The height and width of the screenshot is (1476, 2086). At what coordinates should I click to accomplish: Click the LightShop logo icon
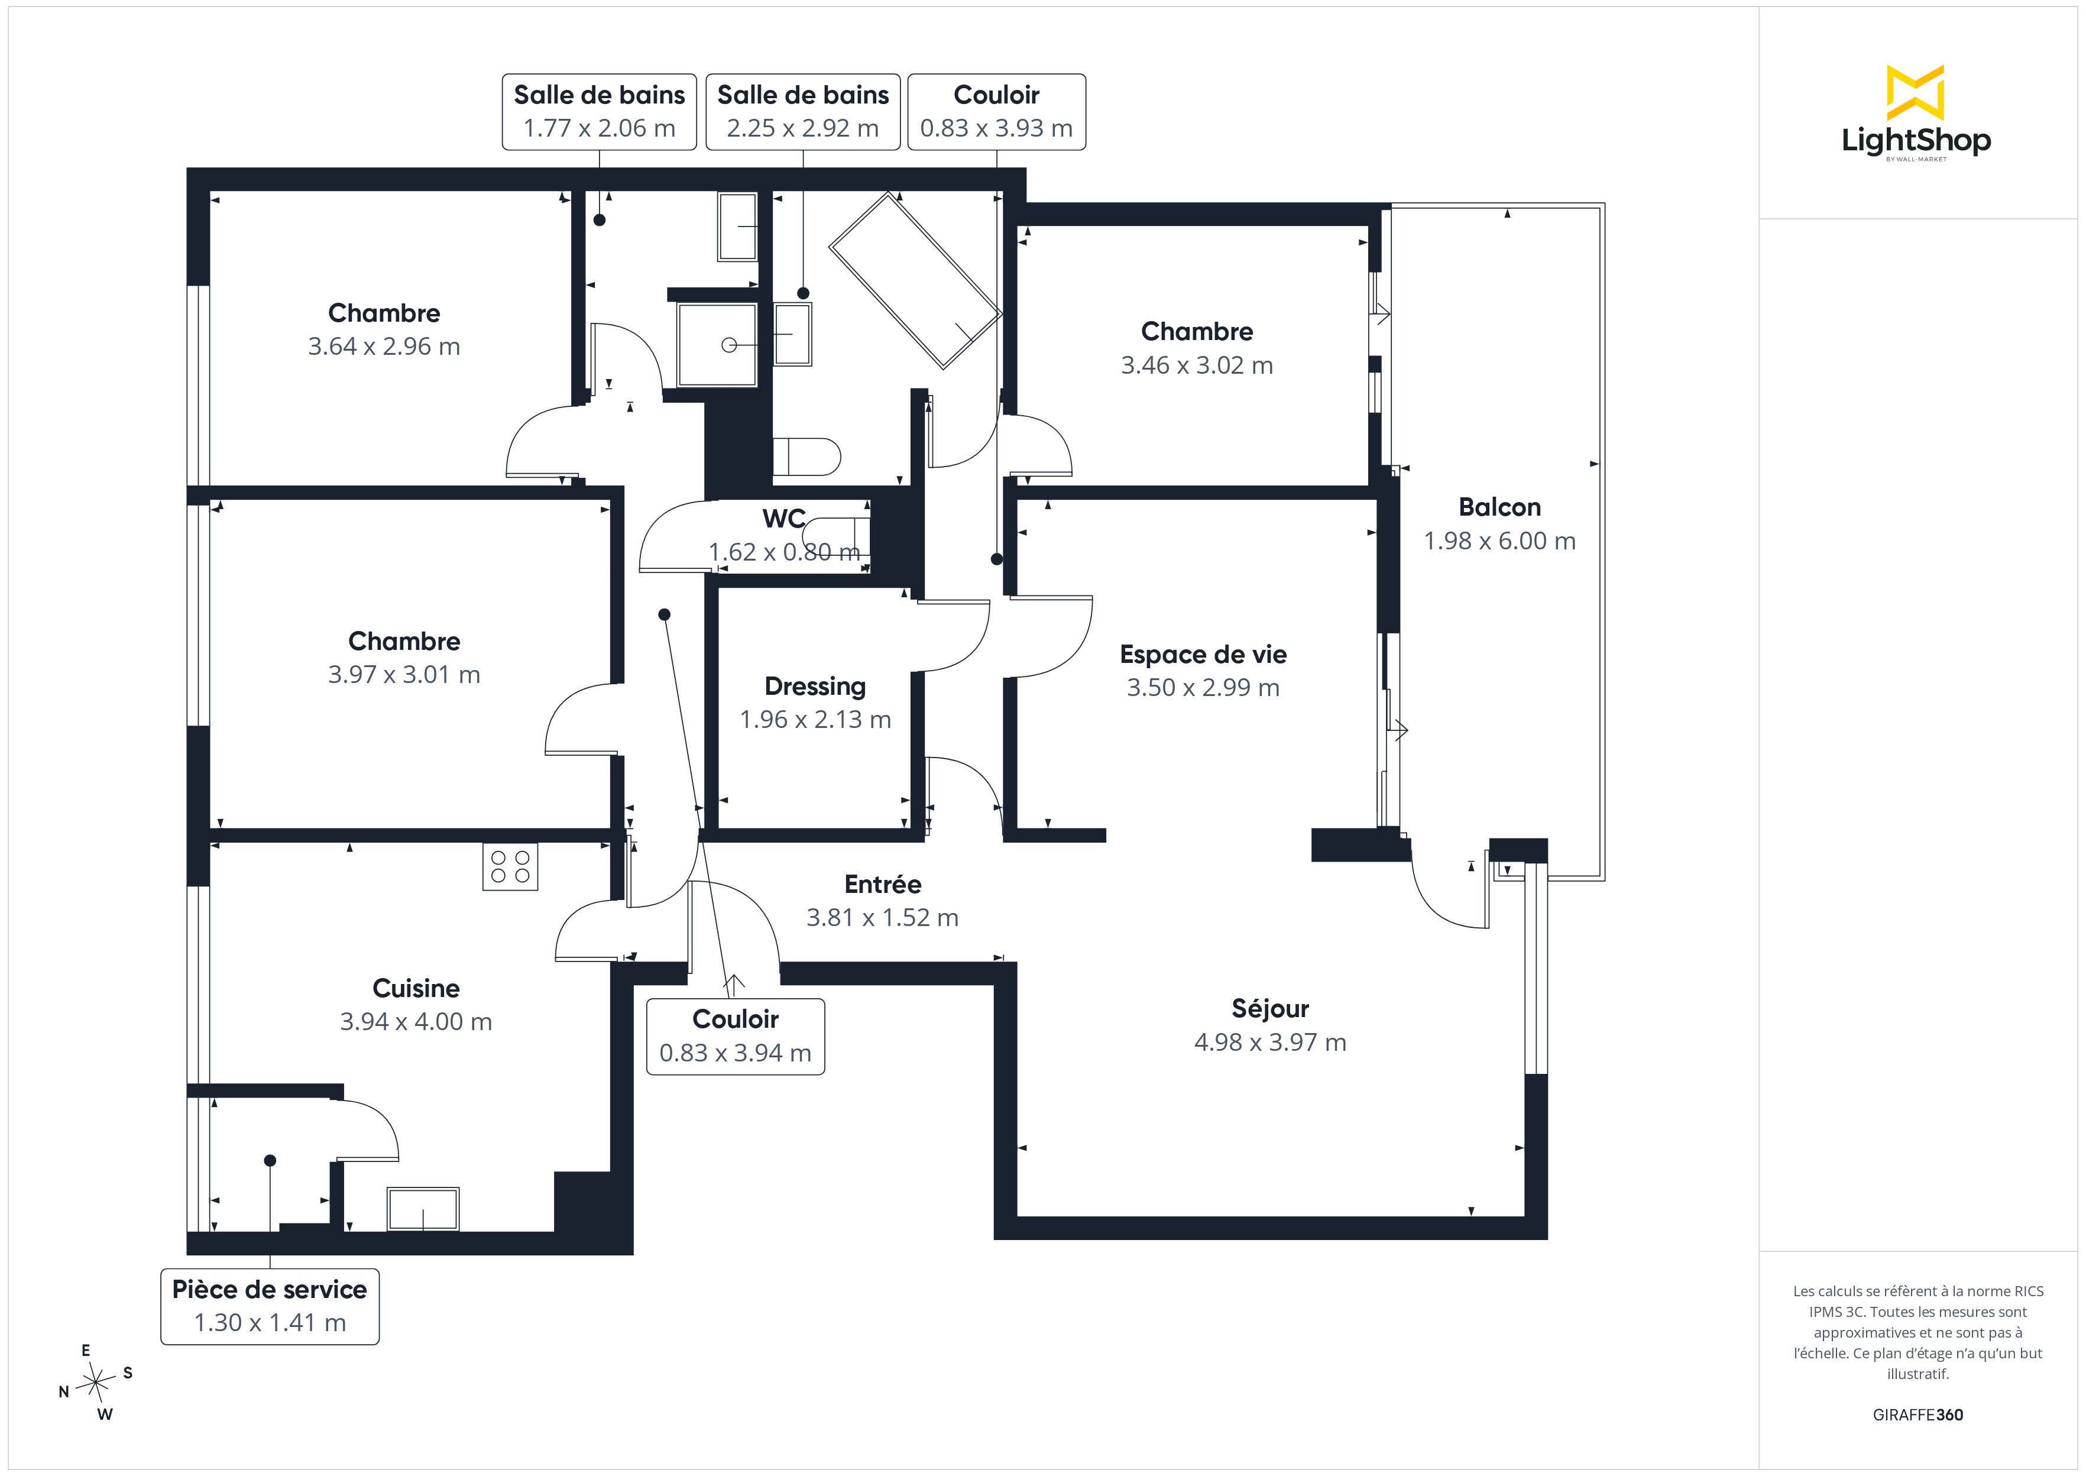[1915, 93]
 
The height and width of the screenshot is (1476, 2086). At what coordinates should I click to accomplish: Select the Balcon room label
[1499, 507]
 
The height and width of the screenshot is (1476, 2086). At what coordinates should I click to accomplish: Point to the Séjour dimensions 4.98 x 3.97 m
[1270, 1043]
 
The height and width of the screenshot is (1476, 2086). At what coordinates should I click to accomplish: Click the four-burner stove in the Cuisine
[510, 866]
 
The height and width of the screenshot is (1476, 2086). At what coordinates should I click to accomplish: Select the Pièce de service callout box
[270, 1306]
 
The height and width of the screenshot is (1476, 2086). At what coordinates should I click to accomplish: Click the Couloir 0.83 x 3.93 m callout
[997, 112]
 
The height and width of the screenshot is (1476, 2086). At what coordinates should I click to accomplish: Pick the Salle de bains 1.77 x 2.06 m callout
[600, 112]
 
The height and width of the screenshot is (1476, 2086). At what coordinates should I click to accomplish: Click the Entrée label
[882, 884]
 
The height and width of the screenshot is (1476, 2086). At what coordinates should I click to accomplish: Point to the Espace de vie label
[1203, 655]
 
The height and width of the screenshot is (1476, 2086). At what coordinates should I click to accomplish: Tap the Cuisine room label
[416, 988]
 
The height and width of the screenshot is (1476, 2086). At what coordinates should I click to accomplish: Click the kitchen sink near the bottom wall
[423, 1209]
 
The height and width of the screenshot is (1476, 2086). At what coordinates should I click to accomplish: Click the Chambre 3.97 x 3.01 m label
[404, 657]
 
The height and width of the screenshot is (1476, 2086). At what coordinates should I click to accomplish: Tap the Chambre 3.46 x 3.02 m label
[1197, 348]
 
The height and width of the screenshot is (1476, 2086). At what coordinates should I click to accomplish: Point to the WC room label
[784, 519]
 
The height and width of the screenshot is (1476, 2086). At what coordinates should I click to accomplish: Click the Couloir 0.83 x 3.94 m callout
[735, 1036]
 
